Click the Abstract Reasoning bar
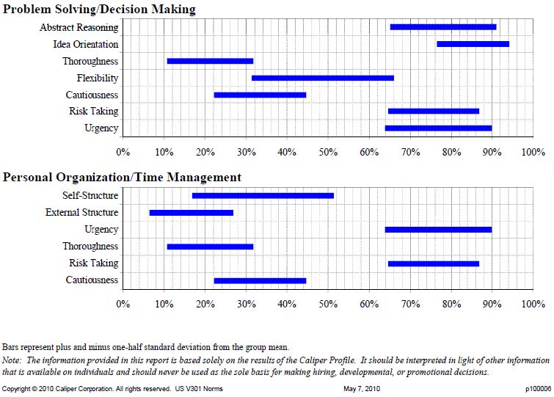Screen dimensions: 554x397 [443, 27]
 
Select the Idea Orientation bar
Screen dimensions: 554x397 [473, 44]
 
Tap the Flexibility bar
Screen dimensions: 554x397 [323, 78]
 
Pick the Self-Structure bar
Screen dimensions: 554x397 [263, 196]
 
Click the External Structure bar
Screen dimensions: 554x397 [191, 213]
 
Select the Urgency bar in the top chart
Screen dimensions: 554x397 [439, 128]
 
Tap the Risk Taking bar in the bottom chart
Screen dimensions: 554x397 [434, 264]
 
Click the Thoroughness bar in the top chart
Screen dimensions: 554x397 [210, 61]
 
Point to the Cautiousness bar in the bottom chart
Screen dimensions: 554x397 [260, 281]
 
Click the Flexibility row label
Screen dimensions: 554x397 [98, 78]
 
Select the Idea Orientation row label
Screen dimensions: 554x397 [86, 44]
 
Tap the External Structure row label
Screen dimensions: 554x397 [82, 212]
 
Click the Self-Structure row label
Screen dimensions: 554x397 [90, 195]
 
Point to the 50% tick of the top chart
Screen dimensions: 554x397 [328, 152]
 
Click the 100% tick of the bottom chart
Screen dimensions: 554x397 [533, 304]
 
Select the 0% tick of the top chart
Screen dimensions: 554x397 [123, 152]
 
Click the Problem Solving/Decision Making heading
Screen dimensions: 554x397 [99, 10]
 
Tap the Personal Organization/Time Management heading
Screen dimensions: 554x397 [122, 178]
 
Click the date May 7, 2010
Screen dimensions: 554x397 [362, 389]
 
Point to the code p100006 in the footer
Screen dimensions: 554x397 [538, 389]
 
